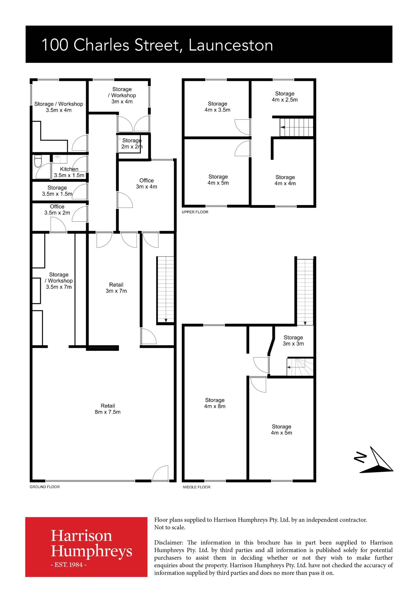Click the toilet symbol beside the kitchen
pyautogui.click(x=38, y=161)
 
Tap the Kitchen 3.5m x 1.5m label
pyautogui.click(x=69, y=172)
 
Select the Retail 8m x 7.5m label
pyautogui.click(x=108, y=409)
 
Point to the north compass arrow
pyautogui.click(x=376, y=460)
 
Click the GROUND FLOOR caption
pyautogui.click(x=45, y=487)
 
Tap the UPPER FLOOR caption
pyautogui.click(x=195, y=212)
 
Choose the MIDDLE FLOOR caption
pyautogui.click(x=196, y=487)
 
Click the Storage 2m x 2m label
pyautogui.click(x=132, y=143)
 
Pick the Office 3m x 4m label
pyautogui.click(x=147, y=184)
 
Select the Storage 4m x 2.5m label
pyautogui.click(x=285, y=96)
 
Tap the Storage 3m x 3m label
pyautogui.click(x=293, y=340)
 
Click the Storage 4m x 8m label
pyautogui.click(x=215, y=403)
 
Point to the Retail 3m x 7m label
pyautogui.click(x=116, y=288)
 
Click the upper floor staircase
pyautogui.click(x=297, y=127)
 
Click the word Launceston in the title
pyautogui.click(x=231, y=45)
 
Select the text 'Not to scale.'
pyautogui.click(x=170, y=527)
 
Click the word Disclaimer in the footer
pyautogui.click(x=169, y=543)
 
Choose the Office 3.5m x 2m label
pyautogui.click(x=57, y=210)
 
